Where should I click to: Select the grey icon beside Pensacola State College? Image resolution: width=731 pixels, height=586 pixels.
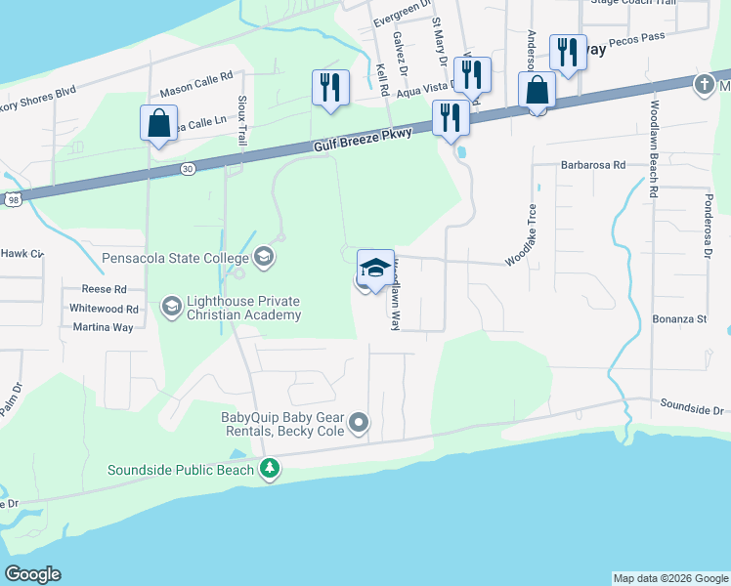tap(263, 258)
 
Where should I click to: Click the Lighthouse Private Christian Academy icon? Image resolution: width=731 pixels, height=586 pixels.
tap(171, 308)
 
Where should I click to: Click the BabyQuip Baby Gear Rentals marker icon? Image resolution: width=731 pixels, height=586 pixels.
tap(360, 423)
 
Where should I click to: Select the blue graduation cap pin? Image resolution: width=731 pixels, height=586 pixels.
tap(375, 268)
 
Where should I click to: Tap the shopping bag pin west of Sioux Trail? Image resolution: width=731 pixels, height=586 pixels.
tap(159, 124)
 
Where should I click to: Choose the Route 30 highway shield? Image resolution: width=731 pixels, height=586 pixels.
tap(187, 169)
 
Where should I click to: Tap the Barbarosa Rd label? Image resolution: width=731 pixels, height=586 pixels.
tap(592, 166)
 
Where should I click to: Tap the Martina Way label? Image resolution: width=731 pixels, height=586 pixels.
tap(103, 327)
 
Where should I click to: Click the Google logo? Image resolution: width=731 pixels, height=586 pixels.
tap(32, 574)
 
